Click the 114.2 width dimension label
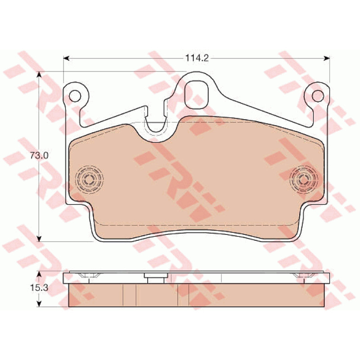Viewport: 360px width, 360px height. (x=197, y=58)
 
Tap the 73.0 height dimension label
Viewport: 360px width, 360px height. (x=39, y=156)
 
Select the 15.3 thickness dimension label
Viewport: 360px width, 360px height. (x=39, y=288)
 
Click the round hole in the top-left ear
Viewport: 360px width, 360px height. (x=75, y=96)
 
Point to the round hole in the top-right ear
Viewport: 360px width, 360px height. (x=318, y=96)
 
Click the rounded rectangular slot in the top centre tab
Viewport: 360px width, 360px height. (x=197, y=94)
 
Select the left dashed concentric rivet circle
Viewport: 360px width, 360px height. (x=89, y=179)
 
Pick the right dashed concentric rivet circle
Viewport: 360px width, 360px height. (x=304, y=179)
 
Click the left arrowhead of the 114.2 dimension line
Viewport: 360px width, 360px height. (x=66, y=58)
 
